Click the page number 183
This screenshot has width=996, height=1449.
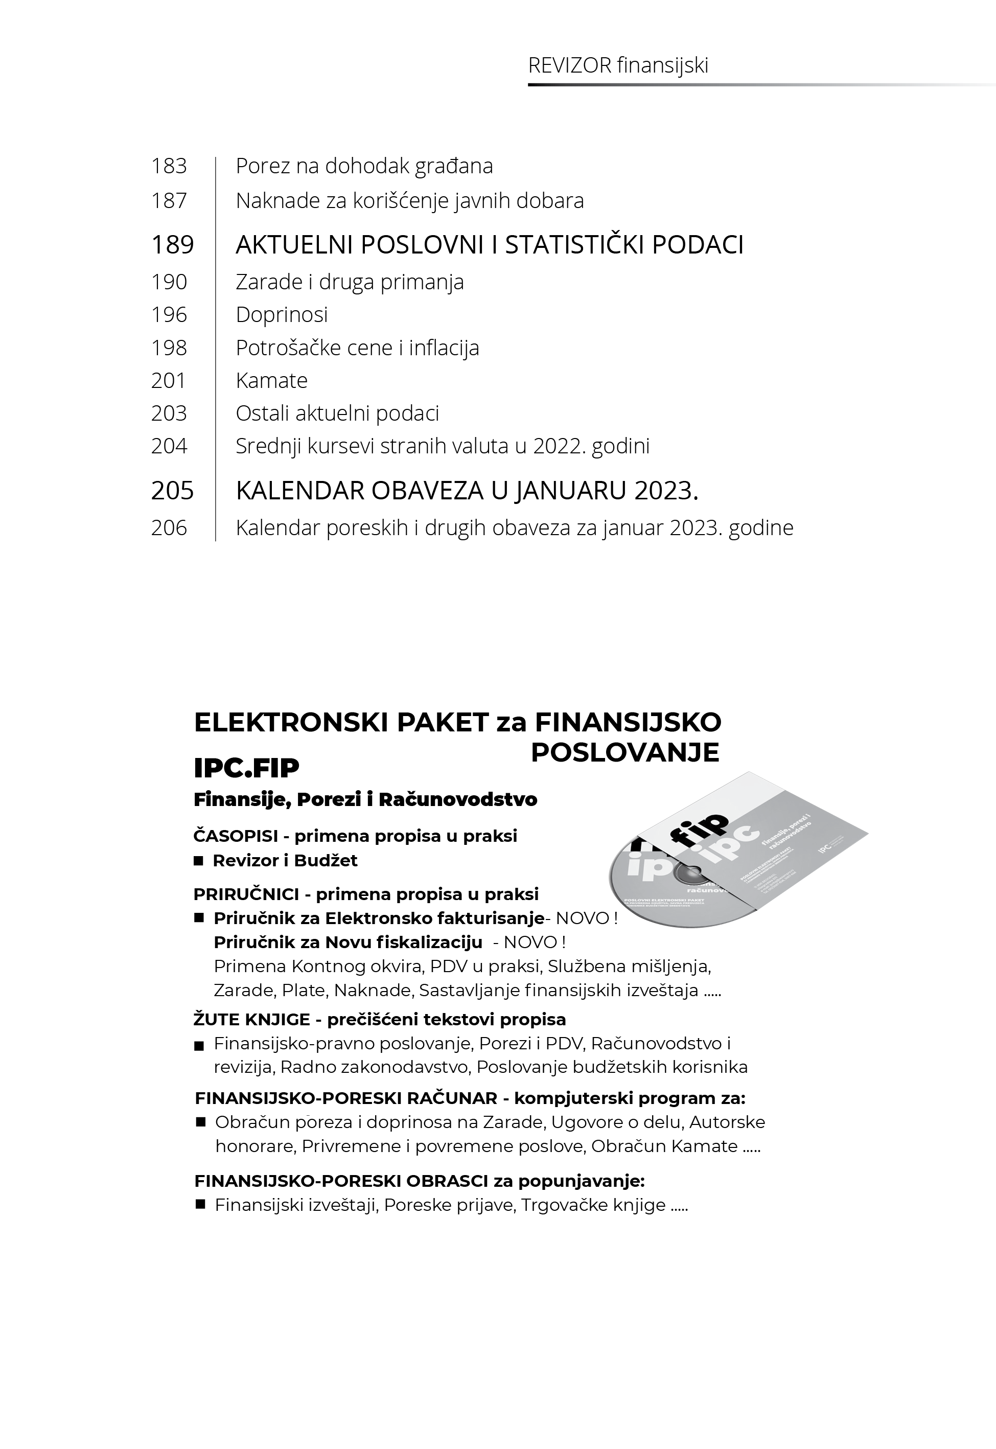[169, 166]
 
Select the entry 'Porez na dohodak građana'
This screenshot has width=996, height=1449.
[364, 166]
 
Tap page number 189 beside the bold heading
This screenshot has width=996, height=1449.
[172, 245]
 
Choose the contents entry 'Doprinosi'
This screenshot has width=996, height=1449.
[282, 314]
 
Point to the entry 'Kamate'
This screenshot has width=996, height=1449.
[271, 381]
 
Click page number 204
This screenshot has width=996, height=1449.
[169, 446]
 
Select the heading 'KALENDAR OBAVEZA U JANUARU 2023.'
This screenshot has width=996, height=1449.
[466, 491]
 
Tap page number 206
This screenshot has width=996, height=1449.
[169, 528]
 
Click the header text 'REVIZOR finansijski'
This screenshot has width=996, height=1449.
[618, 65]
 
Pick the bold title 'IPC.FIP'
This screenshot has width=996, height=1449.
[246, 768]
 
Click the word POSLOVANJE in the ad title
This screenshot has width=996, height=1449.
[624, 752]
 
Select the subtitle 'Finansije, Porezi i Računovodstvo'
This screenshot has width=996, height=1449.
[365, 799]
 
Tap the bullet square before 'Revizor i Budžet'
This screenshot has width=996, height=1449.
[198, 861]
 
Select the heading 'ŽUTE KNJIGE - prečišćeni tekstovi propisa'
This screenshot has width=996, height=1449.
[379, 1019]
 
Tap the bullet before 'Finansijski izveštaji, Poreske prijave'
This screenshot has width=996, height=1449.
[200, 1204]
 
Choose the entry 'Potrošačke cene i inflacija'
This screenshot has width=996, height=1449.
[357, 348]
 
